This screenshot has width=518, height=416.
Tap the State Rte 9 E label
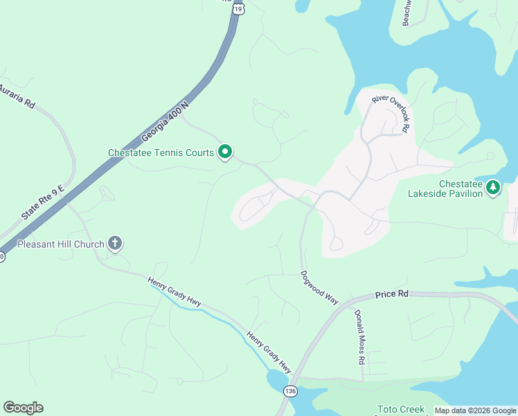tap(42, 202)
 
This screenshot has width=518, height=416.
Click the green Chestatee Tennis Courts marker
tap(225, 151)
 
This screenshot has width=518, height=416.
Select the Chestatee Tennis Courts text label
tap(161, 153)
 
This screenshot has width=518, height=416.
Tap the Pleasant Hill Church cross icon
tap(116, 243)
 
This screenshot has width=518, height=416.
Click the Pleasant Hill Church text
tap(61, 244)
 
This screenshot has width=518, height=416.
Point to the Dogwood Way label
tap(319, 287)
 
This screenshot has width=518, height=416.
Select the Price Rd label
tap(392, 294)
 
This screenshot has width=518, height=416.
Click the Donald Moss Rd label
tap(359, 338)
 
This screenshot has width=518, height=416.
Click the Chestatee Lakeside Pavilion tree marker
tap(492, 187)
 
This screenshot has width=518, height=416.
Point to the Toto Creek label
tap(400, 410)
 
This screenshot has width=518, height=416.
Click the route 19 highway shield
tap(239, 8)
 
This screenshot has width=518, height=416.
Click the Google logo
tap(23, 408)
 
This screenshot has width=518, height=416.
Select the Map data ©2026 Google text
tap(475, 410)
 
